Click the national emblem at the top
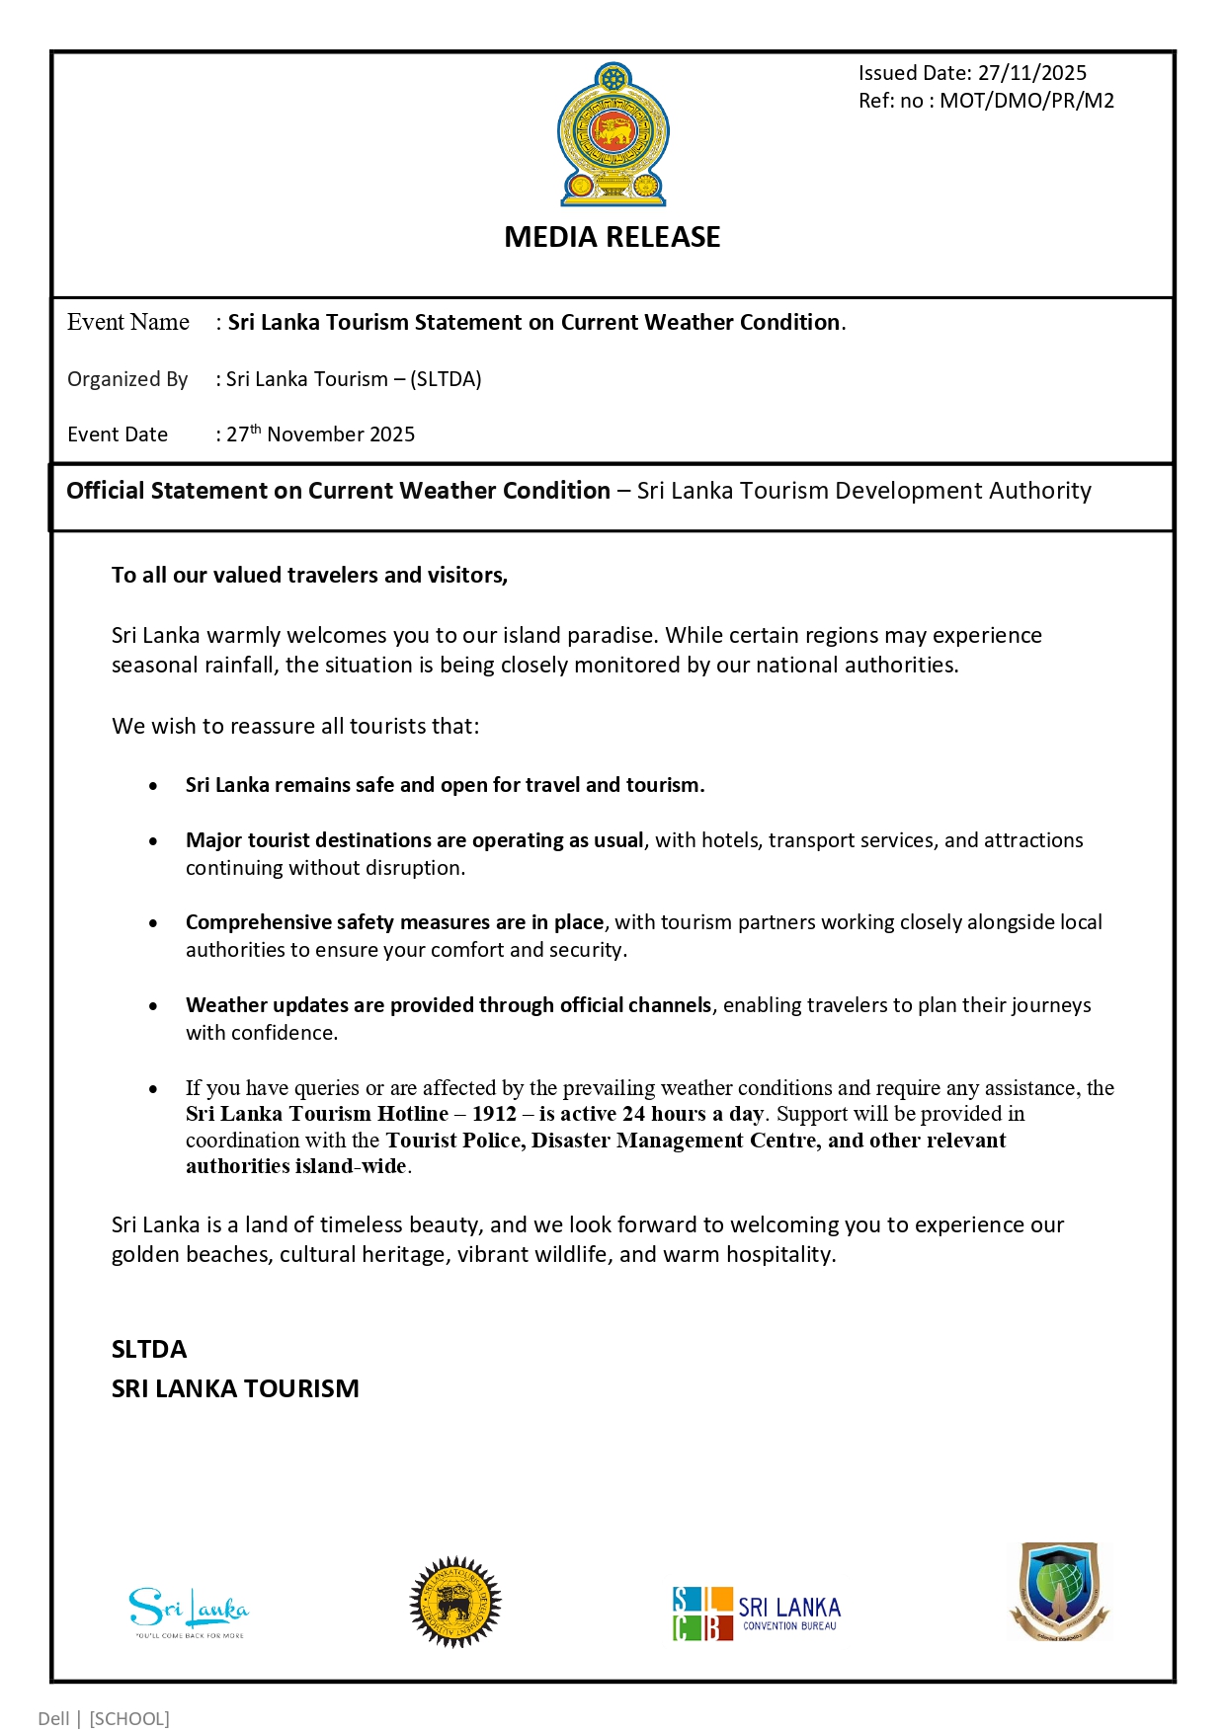[x=613, y=134]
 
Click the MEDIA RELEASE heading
[x=613, y=237]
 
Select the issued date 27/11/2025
[x=1032, y=73]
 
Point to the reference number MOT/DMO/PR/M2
[x=1026, y=101]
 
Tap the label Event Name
[x=128, y=323]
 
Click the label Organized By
[x=127, y=379]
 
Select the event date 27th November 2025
[x=321, y=434]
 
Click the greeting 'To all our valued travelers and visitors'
[x=309, y=575]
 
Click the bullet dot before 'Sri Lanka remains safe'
[x=153, y=786]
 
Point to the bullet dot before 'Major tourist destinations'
[x=153, y=841]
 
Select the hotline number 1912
[x=494, y=1114]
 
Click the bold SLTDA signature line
[x=149, y=1349]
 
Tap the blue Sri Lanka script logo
[x=189, y=1610]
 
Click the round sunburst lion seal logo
[x=455, y=1602]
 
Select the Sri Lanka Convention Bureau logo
[x=756, y=1614]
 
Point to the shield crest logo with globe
[x=1059, y=1592]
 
